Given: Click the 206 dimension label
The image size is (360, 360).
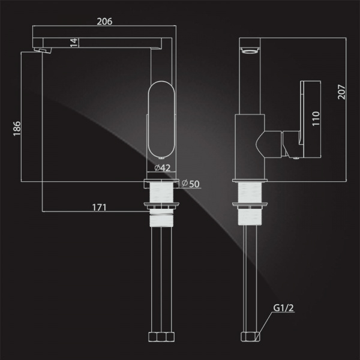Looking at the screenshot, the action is pos(104,22).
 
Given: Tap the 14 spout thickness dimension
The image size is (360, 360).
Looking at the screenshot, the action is pos(74,43).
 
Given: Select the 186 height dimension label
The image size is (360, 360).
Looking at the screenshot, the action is pos(17,128).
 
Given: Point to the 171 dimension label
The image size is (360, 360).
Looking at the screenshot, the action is pos(99,208).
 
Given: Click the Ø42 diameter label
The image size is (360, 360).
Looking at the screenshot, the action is pos(163,168).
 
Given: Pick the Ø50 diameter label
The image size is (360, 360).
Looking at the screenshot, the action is pos(191,184).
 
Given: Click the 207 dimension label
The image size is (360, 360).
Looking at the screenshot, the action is pos(341,92).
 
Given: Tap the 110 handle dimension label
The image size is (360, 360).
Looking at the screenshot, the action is pos(316,118).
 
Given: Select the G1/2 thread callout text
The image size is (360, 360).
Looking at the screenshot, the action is pos(283,308).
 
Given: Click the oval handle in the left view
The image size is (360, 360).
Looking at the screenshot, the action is pos(161,118).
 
